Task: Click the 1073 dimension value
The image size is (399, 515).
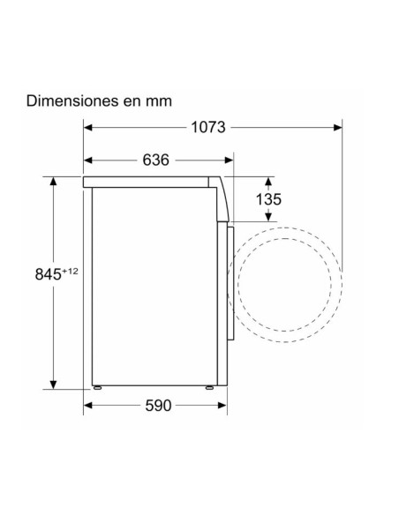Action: [x=208, y=128]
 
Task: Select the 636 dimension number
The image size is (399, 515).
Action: [x=155, y=160]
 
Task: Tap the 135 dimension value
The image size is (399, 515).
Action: [x=268, y=199]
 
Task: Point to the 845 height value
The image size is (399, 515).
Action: [x=48, y=274]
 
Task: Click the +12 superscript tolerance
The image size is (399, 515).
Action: [x=70, y=272]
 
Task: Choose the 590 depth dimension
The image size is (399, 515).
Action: [x=158, y=406]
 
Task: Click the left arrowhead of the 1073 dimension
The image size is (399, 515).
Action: [x=87, y=128]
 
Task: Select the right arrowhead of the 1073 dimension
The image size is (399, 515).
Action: [x=338, y=128]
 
